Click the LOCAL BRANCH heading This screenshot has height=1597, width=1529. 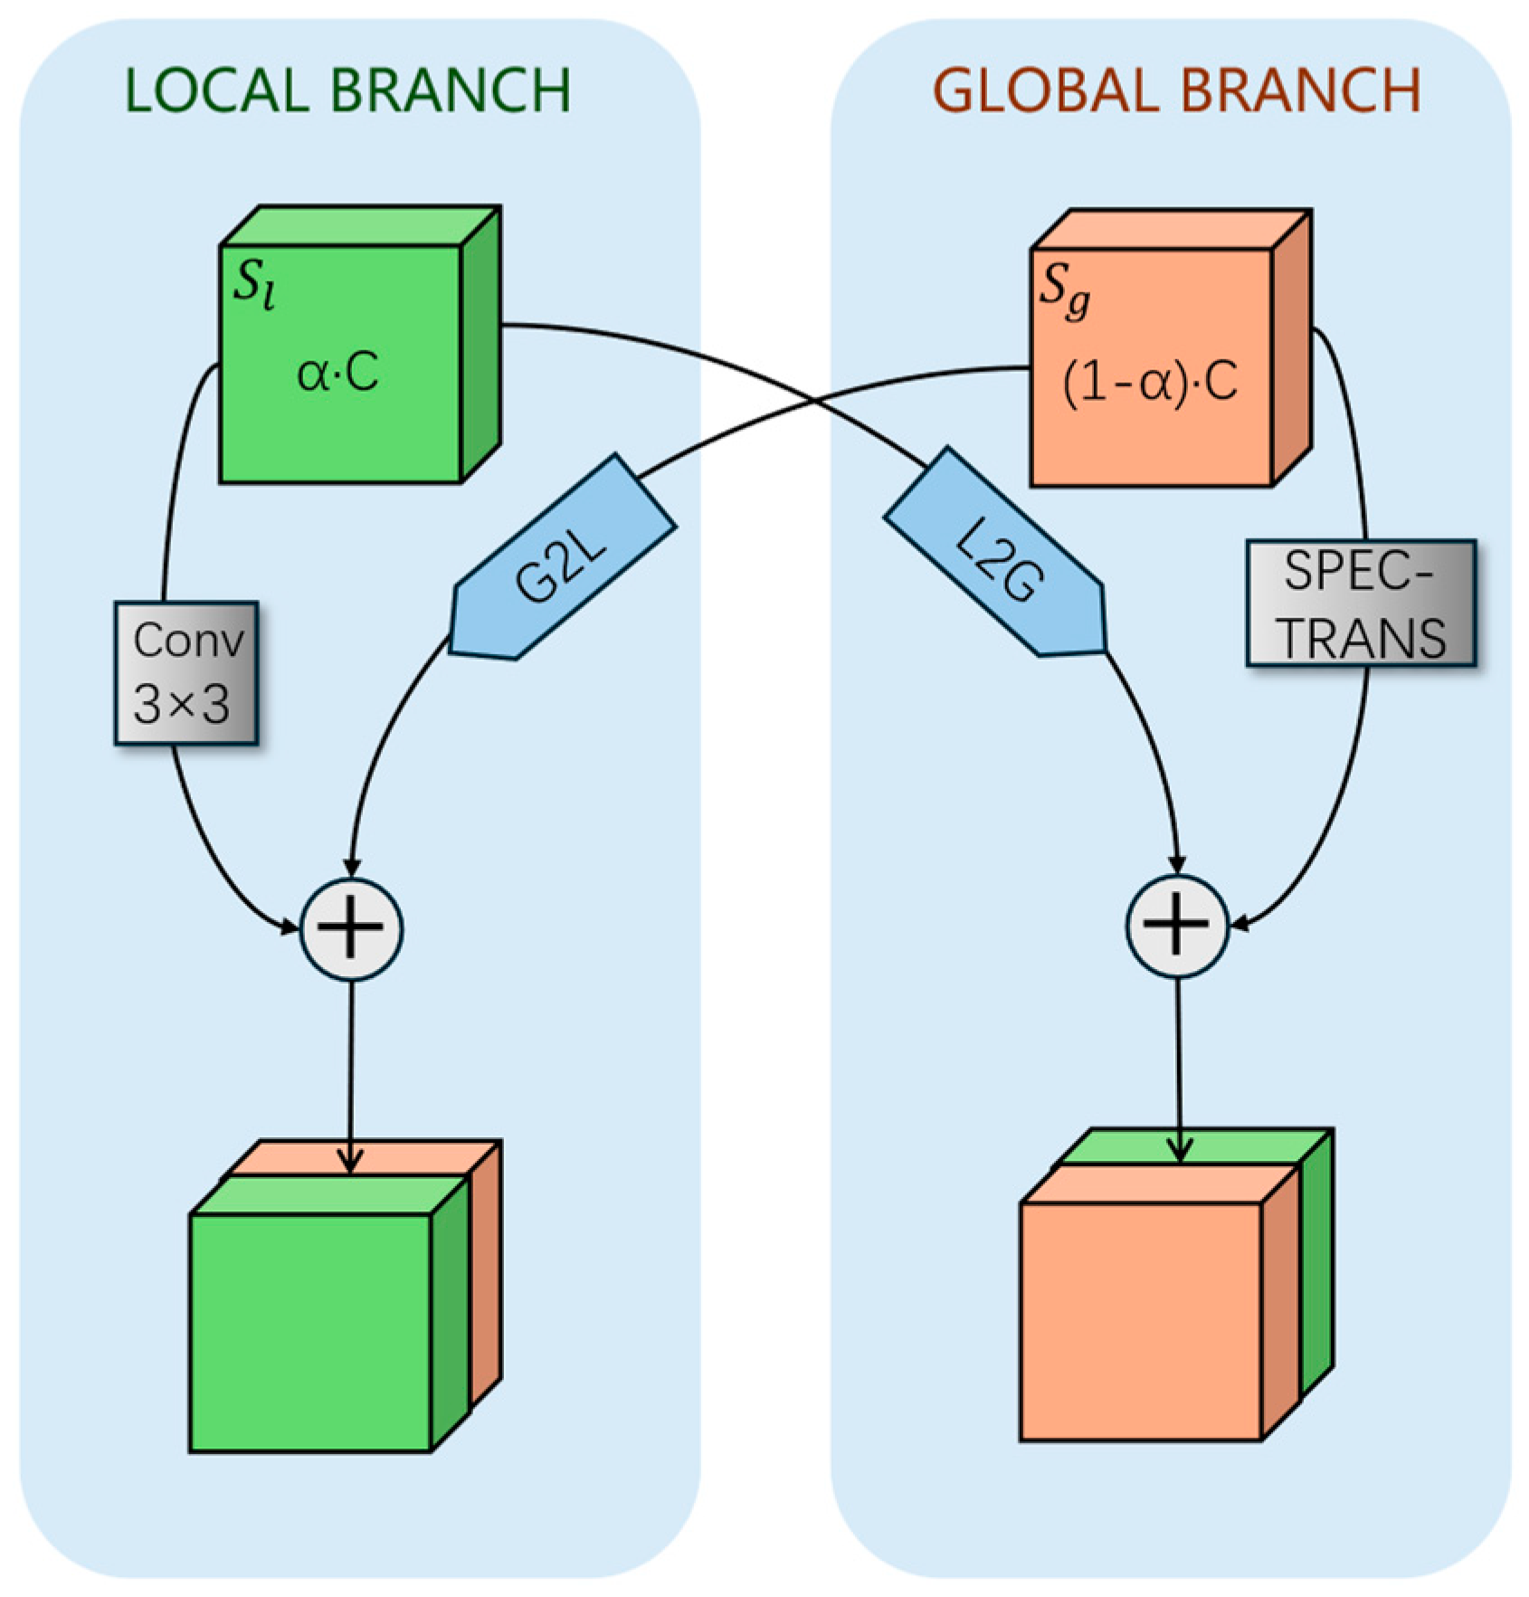coord(347,90)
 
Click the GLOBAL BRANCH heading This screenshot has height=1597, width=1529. coord(1176,90)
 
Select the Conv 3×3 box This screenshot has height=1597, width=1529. coord(187,673)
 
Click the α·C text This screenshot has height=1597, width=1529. coord(337,372)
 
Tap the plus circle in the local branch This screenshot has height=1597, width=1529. coord(351,929)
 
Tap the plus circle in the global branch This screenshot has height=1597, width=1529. coord(1177,926)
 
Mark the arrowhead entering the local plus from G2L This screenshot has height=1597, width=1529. coord(352,868)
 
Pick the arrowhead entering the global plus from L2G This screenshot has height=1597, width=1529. coord(1177,865)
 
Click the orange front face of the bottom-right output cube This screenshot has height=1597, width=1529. coord(1140,1321)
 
